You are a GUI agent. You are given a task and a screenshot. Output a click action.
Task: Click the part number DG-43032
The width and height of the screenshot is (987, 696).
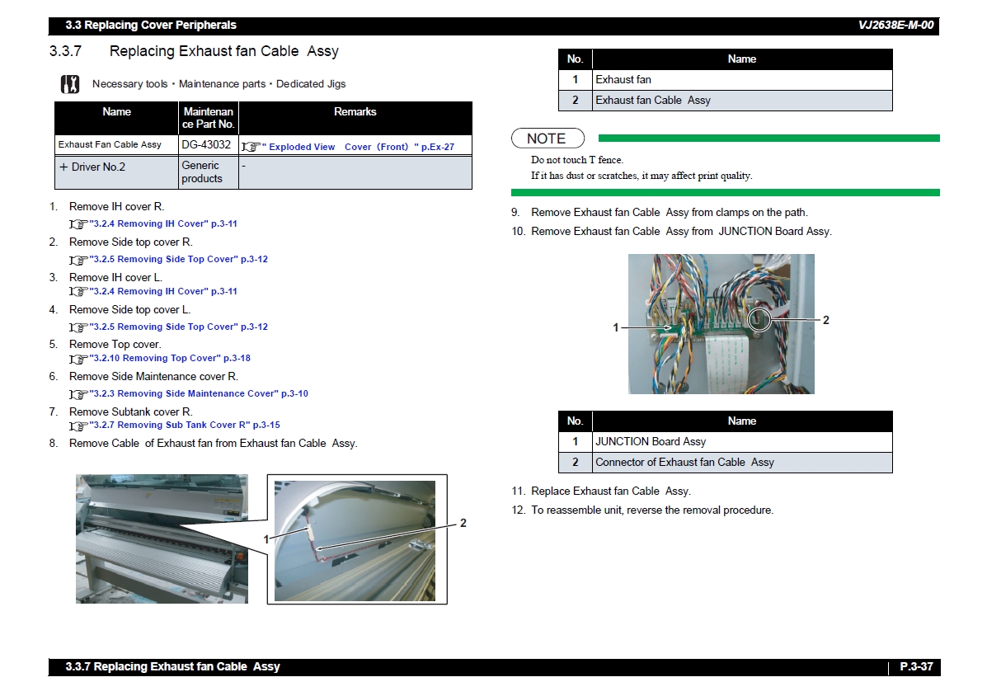[x=206, y=145]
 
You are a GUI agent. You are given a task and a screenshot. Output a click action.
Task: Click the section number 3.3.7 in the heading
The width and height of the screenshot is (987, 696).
[x=65, y=51]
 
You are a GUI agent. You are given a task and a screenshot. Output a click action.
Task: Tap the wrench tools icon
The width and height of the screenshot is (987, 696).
[x=70, y=83]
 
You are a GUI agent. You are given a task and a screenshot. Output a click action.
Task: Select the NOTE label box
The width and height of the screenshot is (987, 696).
[x=548, y=139]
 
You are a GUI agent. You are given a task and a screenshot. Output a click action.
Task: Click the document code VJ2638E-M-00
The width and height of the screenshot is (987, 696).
[x=895, y=26]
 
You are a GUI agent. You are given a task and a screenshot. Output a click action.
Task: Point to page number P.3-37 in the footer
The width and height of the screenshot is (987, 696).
[x=916, y=666]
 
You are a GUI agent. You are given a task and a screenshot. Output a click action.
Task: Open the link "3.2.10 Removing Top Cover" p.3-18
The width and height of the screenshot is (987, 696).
[x=170, y=358]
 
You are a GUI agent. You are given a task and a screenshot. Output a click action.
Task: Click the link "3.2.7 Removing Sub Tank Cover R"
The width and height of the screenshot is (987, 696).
[x=170, y=425]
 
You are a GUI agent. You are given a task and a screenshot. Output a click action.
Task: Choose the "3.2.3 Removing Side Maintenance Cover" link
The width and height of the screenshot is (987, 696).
[x=184, y=393]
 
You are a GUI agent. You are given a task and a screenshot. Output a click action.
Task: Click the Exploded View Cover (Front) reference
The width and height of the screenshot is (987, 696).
[x=358, y=147]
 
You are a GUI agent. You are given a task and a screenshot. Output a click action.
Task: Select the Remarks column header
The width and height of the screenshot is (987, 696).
[x=355, y=111]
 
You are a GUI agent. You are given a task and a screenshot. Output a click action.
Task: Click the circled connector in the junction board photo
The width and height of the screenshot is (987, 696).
[x=759, y=320]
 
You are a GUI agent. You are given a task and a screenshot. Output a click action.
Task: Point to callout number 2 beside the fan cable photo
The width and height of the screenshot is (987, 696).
[x=463, y=523]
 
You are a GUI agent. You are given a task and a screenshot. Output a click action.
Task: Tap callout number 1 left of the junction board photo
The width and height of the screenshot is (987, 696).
[x=616, y=327]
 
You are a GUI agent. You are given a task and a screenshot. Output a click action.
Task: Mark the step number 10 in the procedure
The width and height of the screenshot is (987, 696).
[x=518, y=232]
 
